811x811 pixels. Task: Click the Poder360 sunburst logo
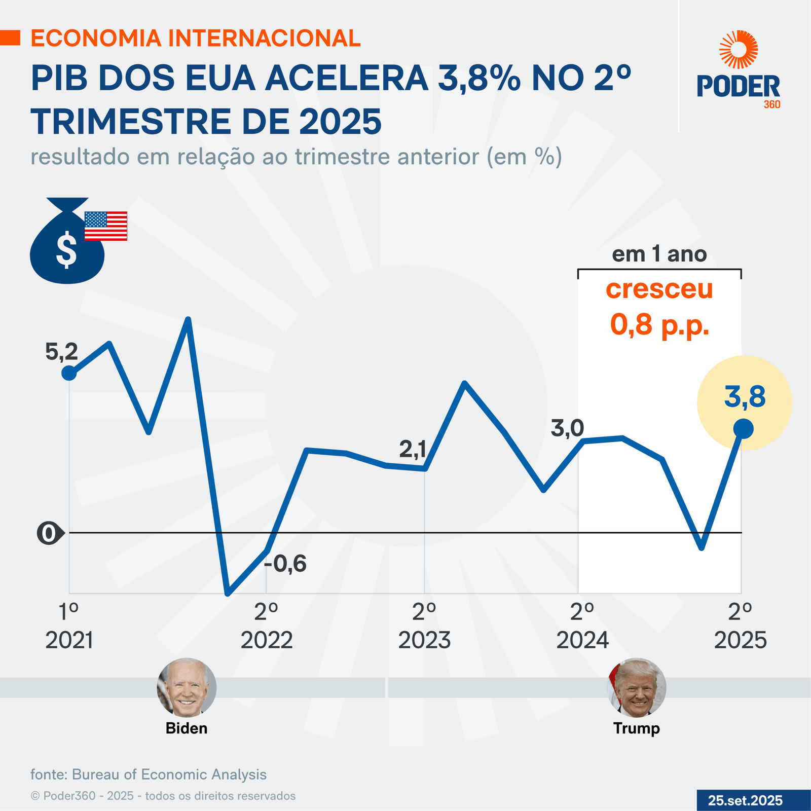739,49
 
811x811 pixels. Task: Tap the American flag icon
105,226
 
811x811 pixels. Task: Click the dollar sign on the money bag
66,249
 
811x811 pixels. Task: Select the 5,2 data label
61,352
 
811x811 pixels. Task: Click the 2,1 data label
413,449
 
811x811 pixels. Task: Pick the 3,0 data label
567,429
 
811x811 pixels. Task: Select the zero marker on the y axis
49,533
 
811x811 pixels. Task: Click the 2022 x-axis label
267,641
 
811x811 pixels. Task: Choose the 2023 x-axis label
424,641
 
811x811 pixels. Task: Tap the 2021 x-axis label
69,641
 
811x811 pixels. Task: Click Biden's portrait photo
187,687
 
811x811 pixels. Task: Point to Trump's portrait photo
637,687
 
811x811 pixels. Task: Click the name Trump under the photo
637,728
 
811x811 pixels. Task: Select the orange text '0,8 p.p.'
659,324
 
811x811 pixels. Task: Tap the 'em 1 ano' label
659,254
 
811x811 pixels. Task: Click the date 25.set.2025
745,800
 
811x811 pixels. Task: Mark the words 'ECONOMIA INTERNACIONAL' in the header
196,39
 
